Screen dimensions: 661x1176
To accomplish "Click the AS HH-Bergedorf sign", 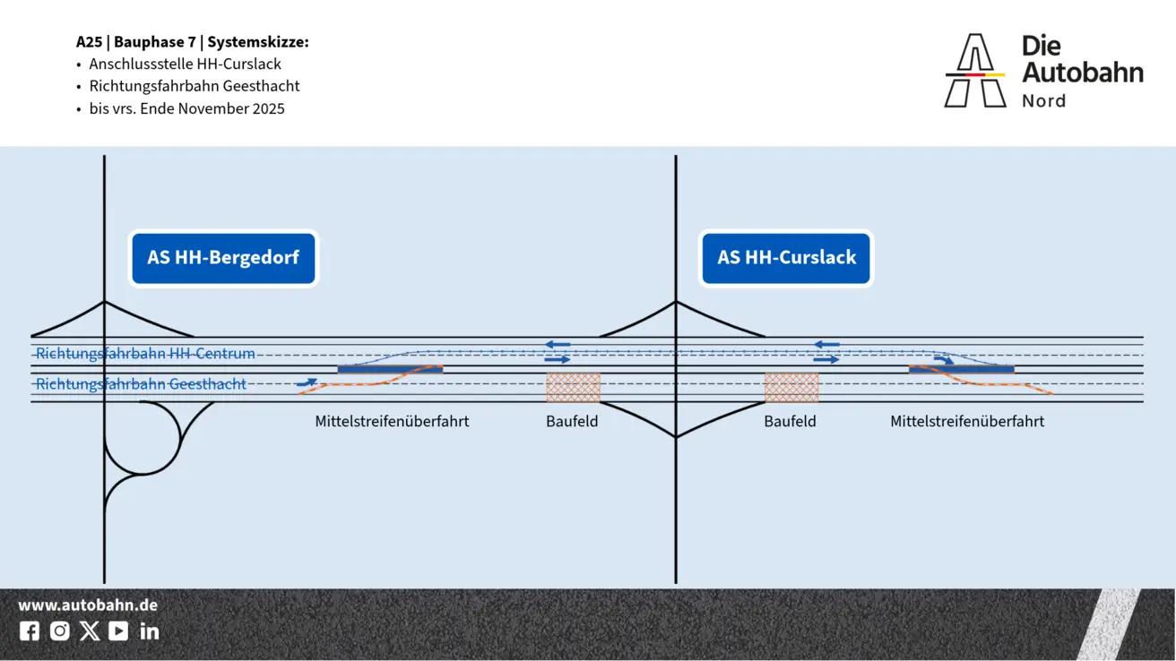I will (x=223, y=258).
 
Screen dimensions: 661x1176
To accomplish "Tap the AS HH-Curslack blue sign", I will (x=786, y=258).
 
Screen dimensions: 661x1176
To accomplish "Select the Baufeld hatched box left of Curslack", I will (x=573, y=388).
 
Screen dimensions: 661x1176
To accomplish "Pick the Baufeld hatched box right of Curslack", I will (x=791, y=388).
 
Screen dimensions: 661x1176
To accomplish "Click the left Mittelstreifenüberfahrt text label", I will (x=392, y=421).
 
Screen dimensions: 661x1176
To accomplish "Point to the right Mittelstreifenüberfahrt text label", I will (x=967, y=421).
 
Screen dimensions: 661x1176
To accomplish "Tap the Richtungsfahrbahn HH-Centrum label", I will (x=145, y=354).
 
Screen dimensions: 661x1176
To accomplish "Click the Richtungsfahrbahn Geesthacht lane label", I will (x=141, y=384).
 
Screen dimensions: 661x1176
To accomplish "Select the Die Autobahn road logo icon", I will (x=975, y=71).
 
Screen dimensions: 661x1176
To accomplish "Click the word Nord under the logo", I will (x=1043, y=101).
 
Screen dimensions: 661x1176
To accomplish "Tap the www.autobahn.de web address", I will (x=88, y=605).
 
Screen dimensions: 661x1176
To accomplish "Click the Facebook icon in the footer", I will (x=30, y=631).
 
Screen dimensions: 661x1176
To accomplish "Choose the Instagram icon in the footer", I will (x=60, y=631).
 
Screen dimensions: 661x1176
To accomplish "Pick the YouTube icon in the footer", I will (x=118, y=631).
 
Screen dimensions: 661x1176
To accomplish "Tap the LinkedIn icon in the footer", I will (x=150, y=631).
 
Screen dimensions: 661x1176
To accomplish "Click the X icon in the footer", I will (x=90, y=631).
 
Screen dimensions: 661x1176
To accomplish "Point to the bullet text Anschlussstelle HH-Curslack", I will (x=185, y=64).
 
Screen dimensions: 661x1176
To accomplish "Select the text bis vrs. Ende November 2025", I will (x=186, y=109).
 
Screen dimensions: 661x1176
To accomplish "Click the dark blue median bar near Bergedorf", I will (x=390, y=369).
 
